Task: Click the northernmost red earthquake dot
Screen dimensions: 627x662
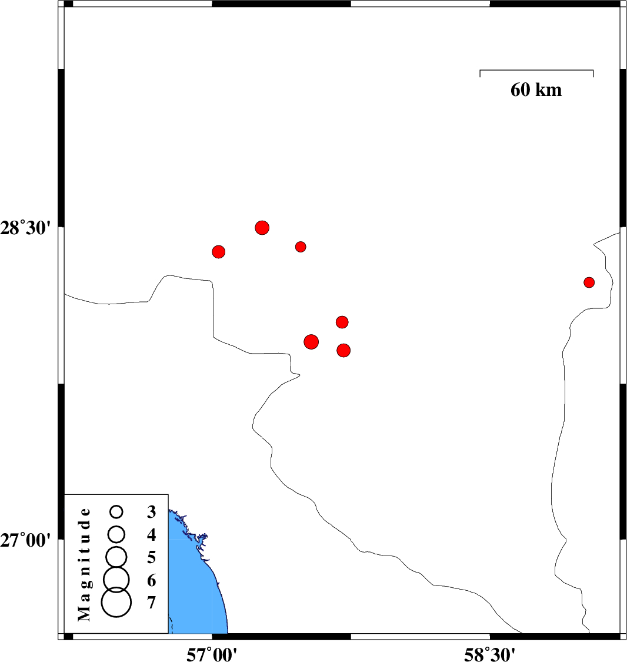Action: [x=262, y=228]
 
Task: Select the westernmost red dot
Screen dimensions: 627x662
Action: [x=218, y=252]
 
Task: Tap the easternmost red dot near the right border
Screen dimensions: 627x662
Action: [x=589, y=282]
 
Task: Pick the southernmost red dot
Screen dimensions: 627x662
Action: [x=343, y=350]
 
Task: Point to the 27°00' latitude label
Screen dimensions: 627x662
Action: [x=25, y=540]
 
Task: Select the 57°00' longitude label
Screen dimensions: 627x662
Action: [x=212, y=654]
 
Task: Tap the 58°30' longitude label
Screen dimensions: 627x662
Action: [x=489, y=654]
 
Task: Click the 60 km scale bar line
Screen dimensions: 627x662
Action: [x=536, y=70]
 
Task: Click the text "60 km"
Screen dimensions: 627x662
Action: [x=536, y=89]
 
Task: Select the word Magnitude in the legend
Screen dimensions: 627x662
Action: [x=84, y=564]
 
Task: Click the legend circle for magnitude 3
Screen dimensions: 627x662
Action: [x=116, y=512]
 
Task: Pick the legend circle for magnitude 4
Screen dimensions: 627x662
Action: [x=116, y=534]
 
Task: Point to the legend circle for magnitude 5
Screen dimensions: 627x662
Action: [x=116, y=557]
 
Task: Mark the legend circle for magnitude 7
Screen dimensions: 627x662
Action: [x=116, y=602]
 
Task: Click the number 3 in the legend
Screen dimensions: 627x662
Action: [x=152, y=512]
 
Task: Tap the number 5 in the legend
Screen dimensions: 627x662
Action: [x=152, y=557]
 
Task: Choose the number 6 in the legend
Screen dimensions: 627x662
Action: [x=152, y=581]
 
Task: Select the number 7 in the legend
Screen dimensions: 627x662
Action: [x=152, y=603]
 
